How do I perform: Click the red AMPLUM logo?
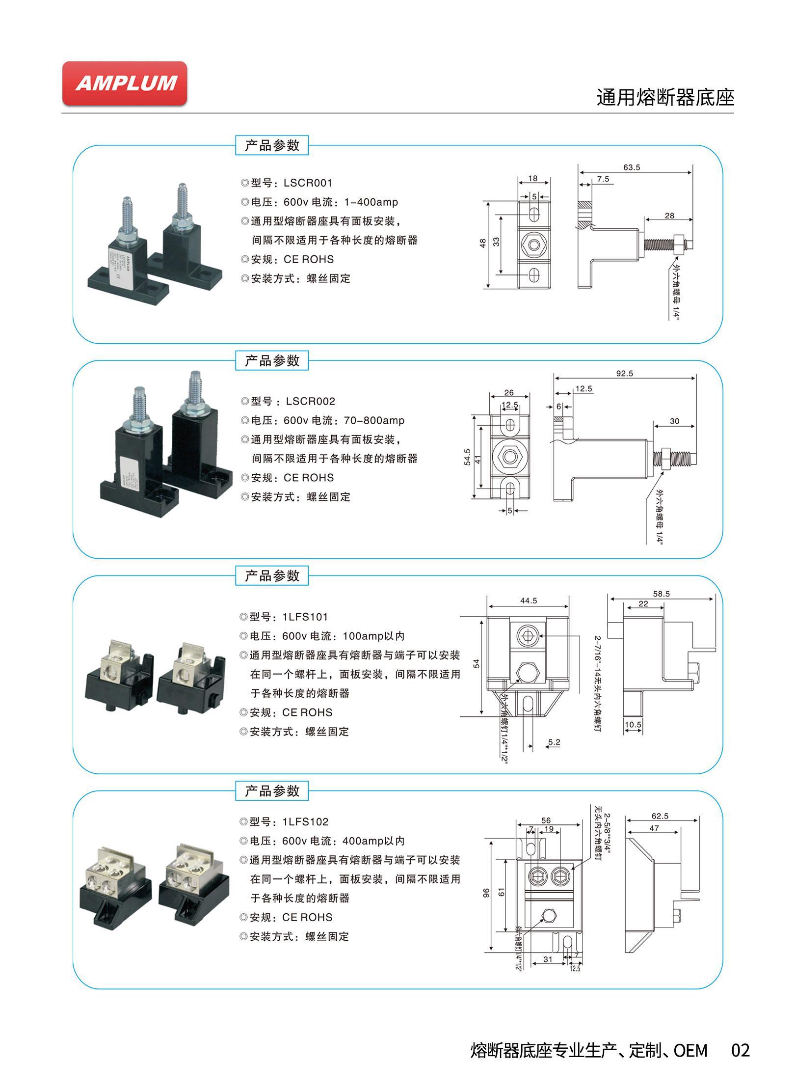point(125,83)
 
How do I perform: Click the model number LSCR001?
point(308,183)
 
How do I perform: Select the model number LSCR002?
point(310,401)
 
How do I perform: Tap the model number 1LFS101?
point(305,617)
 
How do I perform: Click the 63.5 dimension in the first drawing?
point(632,167)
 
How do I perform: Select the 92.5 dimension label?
point(625,373)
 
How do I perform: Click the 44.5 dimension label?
point(528,600)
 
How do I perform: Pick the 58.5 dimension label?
point(661,594)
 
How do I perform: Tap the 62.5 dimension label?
point(660,816)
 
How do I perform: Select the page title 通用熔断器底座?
point(665,98)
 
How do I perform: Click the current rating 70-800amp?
point(374,420)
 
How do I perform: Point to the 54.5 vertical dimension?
point(467,457)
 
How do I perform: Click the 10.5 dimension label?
point(633,725)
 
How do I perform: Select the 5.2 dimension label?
point(554,742)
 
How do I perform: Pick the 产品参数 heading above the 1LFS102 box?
point(272,791)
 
